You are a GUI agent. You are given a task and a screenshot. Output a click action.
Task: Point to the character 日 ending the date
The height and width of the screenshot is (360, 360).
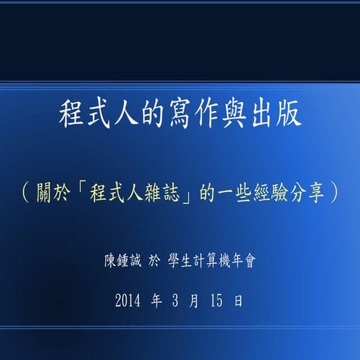(238, 301)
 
